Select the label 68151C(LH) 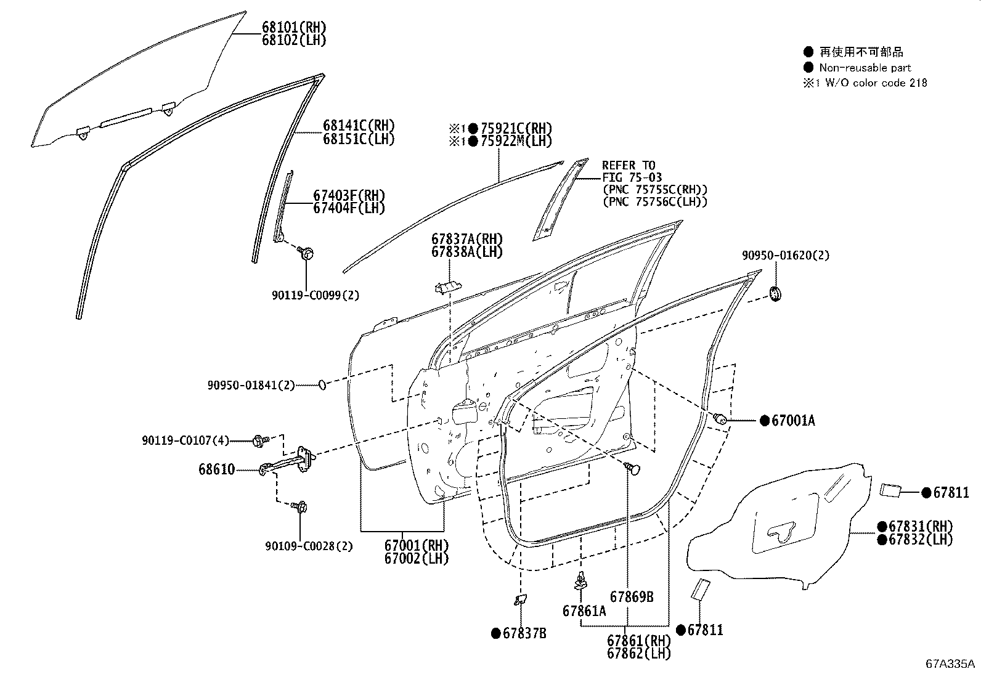point(358,139)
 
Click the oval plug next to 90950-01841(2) point(322,385)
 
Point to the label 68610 point(216,469)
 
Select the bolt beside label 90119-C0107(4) point(259,440)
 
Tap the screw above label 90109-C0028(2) point(301,507)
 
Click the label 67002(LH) point(417,558)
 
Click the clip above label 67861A point(580,580)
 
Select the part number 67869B point(632,596)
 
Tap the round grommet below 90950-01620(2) point(776,294)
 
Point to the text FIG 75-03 point(632,177)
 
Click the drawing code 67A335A point(950,664)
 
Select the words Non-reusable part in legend point(865,68)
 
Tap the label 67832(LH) point(921,539)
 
